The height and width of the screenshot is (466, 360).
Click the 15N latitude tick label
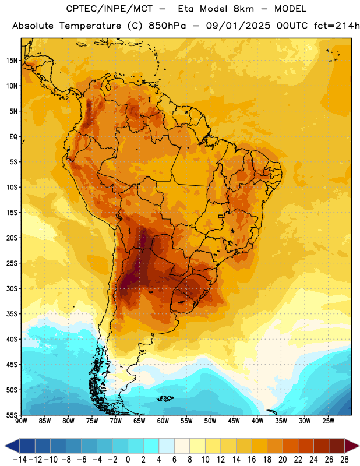(x=12, y=61)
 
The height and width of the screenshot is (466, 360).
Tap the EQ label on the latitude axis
(x=13, y=137)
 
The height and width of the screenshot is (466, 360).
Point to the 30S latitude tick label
(x=12, y=288)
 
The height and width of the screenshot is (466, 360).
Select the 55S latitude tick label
(x=12, y=415)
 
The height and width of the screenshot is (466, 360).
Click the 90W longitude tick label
(x=22, y=421)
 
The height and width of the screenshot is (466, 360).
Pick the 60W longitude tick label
(x=163, y=421)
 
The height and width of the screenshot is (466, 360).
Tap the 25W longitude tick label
(x=328, y=421)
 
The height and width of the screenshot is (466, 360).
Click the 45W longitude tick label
(x=234, y=421)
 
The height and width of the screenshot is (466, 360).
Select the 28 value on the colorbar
(x=344, y=460)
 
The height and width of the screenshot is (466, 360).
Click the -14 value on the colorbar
(x=20, y=460)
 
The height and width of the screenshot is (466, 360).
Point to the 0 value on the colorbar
(x=128, y=460)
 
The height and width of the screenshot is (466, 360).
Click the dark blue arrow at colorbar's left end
(x=12, y=446)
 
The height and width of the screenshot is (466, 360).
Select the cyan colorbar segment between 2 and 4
(x=151, y=446)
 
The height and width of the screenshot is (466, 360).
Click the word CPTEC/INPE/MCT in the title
(x=109, y=9)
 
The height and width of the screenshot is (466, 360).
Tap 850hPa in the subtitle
(x=167, y=26)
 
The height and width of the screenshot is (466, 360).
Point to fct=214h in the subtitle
(x=337, y=26)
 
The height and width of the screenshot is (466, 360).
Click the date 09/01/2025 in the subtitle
(x=238, y=26)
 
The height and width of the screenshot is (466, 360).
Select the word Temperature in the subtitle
(x=90, y=26)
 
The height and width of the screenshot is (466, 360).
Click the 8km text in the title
(x=243, y=9)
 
